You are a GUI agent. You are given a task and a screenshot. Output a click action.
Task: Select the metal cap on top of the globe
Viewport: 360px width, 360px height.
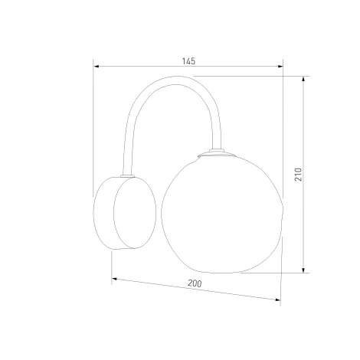point(214,154)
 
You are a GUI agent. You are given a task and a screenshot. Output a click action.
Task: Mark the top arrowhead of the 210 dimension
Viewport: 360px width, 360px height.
point(305,80)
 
